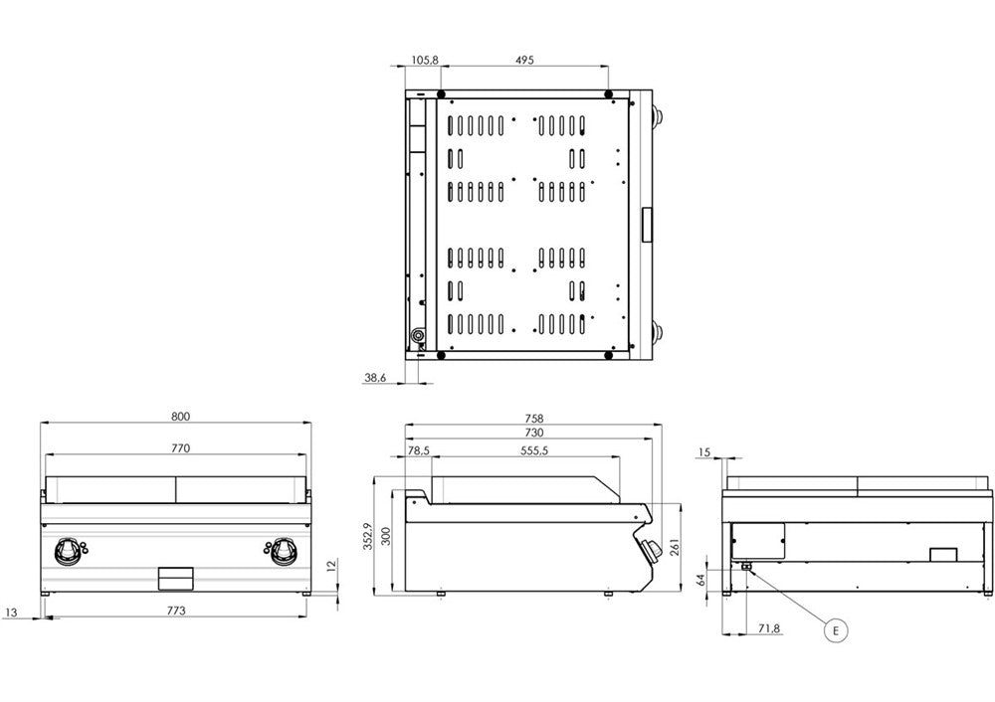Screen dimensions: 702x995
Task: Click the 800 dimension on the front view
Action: tap(180, 416)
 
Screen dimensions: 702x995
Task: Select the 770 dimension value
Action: tap(180, 448)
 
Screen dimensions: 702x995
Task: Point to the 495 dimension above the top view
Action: tap(524, 60)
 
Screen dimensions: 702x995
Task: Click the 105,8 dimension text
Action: tap(424, 60)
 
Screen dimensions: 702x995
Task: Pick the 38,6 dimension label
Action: tap(375, 377)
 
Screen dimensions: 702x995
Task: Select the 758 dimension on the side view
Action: tap(533, 419)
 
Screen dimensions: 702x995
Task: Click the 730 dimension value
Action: tap(533, 434)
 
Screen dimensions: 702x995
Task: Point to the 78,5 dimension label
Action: tap(419, 450)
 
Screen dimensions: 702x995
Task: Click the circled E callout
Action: tap(836, 629)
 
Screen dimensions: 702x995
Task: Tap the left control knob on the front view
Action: tap(69, 549)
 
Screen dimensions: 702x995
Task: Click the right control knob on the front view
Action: tap(284, 549)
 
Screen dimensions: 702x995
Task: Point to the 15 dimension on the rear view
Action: tap(704, 452)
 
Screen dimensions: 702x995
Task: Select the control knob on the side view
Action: tap(650, 550)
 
